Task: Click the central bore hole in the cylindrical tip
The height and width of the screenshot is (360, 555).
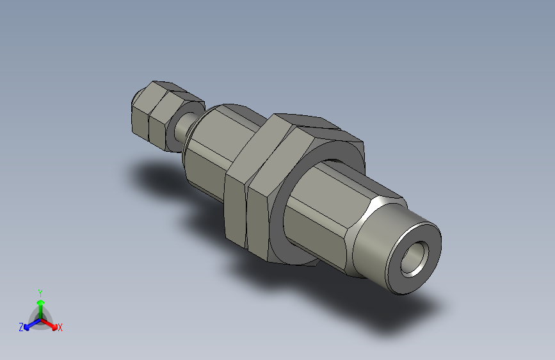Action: (x=414, y=259)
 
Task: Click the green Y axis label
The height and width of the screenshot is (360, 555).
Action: (x=40, y=291)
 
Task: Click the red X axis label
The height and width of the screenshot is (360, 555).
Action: (x=60, y=327)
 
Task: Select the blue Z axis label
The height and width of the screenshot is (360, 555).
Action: (x=21, y=327)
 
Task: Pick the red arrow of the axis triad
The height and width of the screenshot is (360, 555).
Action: (x=52, y=323)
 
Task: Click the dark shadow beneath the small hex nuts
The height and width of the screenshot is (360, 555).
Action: (x=154, y=173)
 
